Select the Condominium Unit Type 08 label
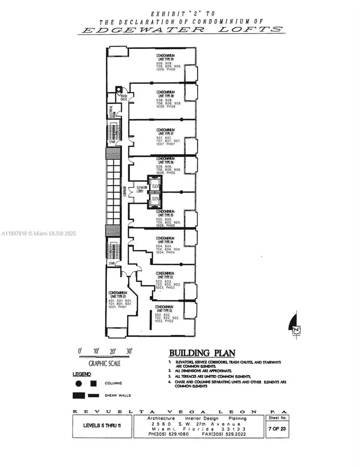click(x=165, y=94)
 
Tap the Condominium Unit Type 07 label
click(x=165, y=131)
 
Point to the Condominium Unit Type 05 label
click(x=165, y=213)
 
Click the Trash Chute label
click(x=124, y=97)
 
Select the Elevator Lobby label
click(x=142, y=189)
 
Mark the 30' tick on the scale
click(x=129, y=351)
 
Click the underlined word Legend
click(x=82, y=374)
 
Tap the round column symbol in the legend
click(x=78, y=383)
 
